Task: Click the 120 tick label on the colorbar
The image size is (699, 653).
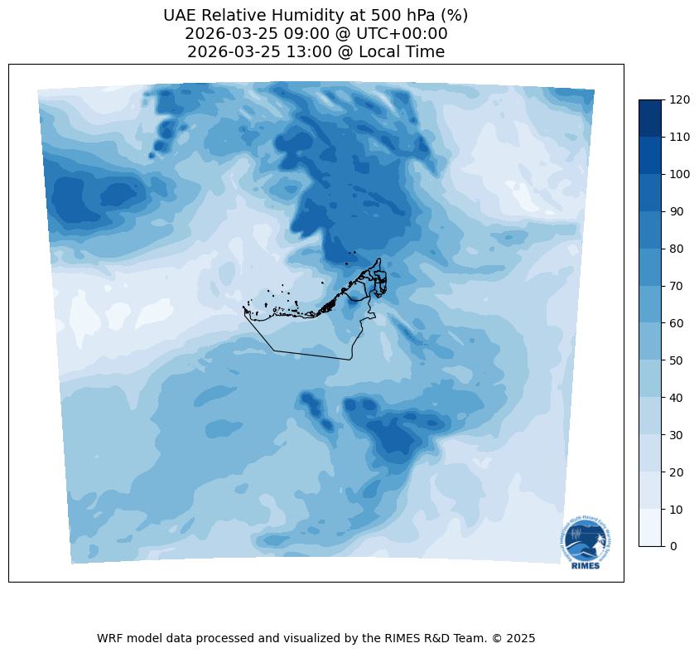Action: tap(680, 100)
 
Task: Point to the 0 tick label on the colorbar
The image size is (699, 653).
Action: tap(674, 546)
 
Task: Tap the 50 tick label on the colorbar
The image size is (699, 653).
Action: tap(677, 360)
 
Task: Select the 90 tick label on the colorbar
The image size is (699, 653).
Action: tap(677, 211)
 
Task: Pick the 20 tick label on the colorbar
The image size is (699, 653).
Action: tap(677, 472)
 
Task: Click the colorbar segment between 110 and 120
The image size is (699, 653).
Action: tap(651, 119)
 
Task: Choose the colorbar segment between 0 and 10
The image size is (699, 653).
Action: tap(651, 528)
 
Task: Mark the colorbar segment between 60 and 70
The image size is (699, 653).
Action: tap(651, 304)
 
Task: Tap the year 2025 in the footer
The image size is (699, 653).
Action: tap(522, 639)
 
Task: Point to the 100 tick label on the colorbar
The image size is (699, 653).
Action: tap(680, 174)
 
